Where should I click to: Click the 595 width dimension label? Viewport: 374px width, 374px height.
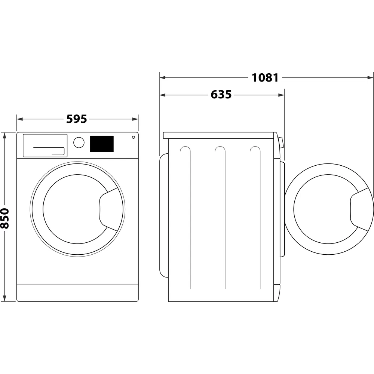pos(77,119)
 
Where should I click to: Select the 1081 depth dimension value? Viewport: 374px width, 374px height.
pos(265,78)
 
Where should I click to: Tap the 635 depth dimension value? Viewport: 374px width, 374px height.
pos(221,95)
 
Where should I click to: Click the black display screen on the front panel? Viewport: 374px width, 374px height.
pos(102,144)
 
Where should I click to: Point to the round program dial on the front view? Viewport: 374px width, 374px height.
pos(79,142)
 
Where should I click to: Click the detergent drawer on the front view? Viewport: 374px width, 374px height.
pos(45,145)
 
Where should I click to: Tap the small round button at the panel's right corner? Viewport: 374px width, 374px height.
pos(133,137)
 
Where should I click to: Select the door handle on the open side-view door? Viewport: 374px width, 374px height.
pos(360,209)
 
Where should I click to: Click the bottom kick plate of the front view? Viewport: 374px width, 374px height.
pos(77,292)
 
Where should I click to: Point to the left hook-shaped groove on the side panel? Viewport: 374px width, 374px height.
pos(186,150)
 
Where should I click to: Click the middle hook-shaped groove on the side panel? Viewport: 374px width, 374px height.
pos(221,150)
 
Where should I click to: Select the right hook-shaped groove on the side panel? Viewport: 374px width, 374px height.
pos(256,150)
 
